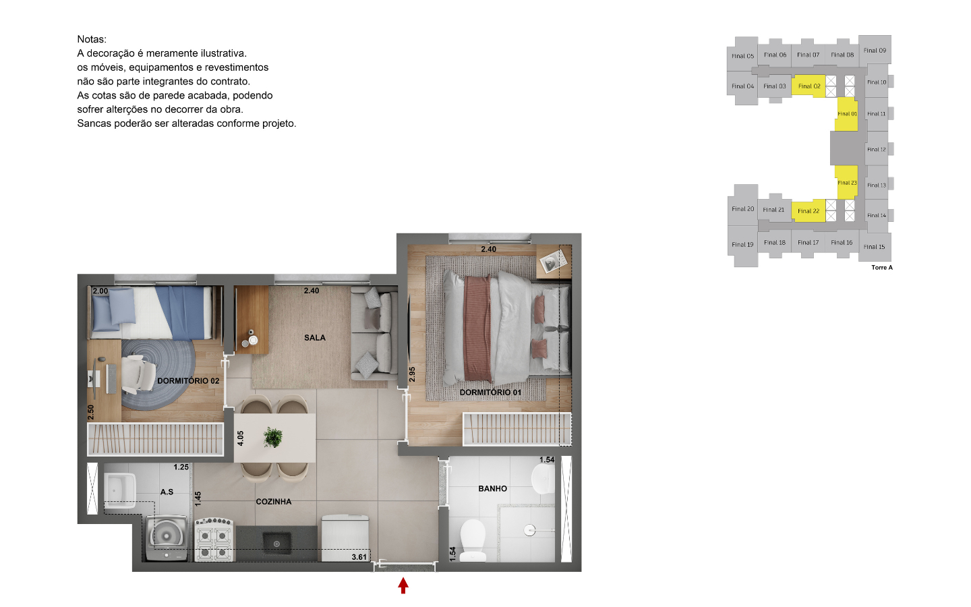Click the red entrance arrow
coord(403,585)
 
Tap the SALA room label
coord(315,338)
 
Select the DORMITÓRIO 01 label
coord(490,393)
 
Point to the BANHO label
coord(492,488)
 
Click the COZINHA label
coord(274,502)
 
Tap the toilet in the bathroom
coord(472,540)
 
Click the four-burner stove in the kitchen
coord(214,540)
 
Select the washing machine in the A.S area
coord(167,538)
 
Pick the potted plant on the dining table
coord(273,437)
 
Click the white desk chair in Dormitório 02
coord(138,374)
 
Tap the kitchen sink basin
coord(276,544)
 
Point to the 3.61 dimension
coord(359,557)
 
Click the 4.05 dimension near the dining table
coord(241,438)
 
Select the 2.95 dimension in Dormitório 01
coord(412,374)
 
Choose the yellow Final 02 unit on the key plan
coord(808,86)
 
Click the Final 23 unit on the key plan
coord(847,183)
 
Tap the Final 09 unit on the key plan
coord(875,51)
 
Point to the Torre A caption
coord(882,268)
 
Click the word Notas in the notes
coord(92,39)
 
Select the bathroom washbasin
coord(543,479)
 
